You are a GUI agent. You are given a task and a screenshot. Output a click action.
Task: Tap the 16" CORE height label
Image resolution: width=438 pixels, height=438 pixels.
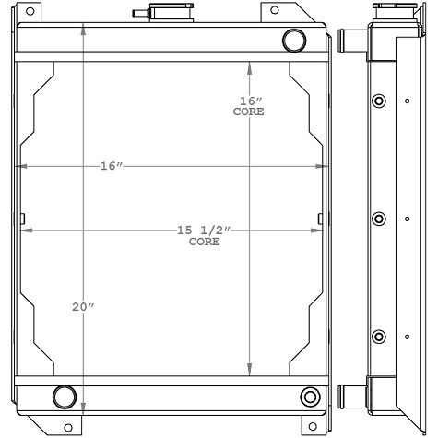coord(249,106)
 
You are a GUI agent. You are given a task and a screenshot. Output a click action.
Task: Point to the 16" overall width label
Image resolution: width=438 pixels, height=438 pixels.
coord(112,166)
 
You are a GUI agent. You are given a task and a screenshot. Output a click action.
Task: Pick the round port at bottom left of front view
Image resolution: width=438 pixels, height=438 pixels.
coord(65,397)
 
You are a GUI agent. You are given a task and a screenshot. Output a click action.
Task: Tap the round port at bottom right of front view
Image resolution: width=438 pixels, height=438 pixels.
coord(309,397)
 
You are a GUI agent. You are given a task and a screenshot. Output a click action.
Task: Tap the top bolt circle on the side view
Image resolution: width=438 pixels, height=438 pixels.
coord(376,101)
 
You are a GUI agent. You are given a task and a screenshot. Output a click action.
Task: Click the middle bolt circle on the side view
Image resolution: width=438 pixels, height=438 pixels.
coord(376,219)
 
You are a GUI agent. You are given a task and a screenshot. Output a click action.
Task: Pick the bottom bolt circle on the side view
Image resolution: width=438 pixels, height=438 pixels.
coord(376,337)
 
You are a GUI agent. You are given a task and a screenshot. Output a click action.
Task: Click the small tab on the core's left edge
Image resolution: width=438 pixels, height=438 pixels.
coord(21,219)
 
